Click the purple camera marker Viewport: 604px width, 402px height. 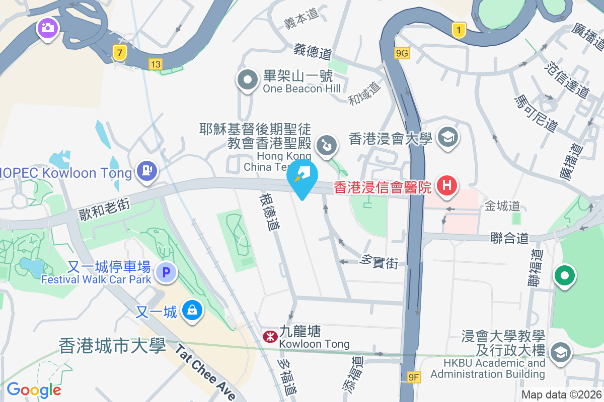48,27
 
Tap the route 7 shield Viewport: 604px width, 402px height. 119,52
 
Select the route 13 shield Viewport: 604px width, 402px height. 156,64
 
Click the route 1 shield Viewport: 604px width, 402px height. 459,30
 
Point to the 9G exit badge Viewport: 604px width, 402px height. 402,53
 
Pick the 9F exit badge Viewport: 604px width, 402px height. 414,376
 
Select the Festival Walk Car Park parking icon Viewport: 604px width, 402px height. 166,273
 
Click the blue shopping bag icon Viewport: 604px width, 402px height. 192,310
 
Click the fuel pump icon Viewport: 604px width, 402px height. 147,171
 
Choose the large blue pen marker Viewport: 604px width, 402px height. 303,177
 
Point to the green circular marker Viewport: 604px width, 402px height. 565,275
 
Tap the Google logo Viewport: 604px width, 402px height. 34,390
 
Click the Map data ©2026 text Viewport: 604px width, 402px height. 561,395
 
